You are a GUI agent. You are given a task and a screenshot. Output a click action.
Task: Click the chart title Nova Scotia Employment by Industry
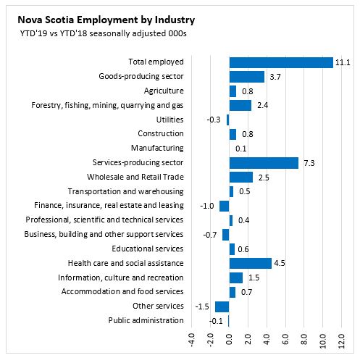(106, 20)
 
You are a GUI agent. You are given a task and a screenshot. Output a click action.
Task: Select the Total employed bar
(281, 63)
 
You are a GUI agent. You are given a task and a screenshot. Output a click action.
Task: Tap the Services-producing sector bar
(264, 163)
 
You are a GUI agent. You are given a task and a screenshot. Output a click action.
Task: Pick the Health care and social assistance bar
(251, 263)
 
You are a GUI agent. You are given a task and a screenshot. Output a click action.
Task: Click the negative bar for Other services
(222, 306)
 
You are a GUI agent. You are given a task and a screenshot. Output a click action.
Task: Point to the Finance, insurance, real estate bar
(224, 206)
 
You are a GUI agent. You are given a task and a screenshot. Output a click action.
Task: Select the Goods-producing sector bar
(247, 77)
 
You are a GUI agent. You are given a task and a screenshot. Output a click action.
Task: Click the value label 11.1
(343, 63)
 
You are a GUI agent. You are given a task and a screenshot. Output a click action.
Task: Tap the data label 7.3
(309, 163)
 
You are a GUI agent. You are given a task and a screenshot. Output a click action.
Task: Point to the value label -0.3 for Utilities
(214, 120)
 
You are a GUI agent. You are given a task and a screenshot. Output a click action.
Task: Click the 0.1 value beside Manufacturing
(241, 149)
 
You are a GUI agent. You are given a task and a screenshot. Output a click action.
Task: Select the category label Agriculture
(164, 91)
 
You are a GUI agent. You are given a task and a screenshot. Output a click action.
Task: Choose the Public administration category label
(146, 320)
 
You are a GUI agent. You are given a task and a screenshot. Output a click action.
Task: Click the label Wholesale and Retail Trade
(135, 177)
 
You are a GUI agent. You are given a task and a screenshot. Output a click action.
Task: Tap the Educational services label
(148, 249)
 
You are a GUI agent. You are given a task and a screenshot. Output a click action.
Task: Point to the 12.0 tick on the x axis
(341, 341)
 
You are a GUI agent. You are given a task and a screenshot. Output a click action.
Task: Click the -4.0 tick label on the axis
(191, 340)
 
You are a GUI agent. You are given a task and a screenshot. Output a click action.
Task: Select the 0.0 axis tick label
(229, 339)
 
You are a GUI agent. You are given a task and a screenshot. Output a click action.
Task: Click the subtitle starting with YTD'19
(104, 33)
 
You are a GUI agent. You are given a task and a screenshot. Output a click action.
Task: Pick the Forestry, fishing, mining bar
(240, 106)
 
